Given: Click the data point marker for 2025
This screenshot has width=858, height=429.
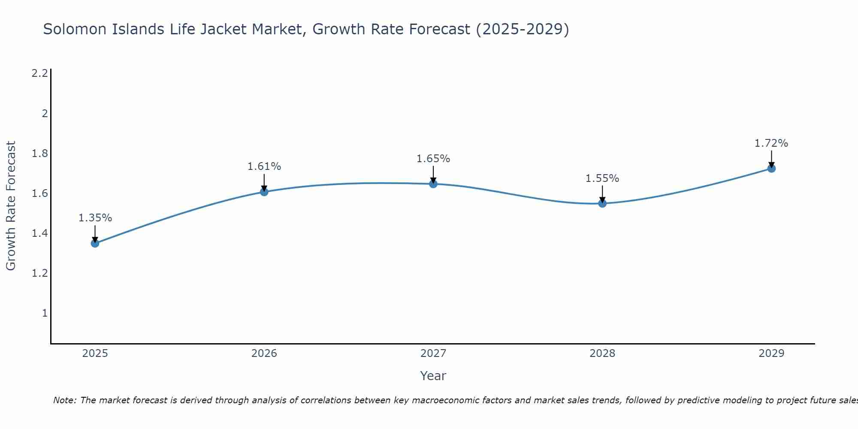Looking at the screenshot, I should click(95, 243).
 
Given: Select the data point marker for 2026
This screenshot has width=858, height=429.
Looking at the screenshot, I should click(264, 192).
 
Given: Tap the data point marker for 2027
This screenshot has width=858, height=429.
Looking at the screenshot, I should click(433, 184).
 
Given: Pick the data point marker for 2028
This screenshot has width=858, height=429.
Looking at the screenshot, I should click(602, 203).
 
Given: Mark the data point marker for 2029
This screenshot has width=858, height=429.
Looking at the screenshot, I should click(771, 169).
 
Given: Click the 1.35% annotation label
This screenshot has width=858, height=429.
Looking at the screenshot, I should click(95, 218).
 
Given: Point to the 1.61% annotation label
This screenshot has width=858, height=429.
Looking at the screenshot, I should click(264, 166).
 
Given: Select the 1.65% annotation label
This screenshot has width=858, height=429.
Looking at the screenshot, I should click(433, 159).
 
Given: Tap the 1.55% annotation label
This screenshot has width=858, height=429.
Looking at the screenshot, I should click(602, 178).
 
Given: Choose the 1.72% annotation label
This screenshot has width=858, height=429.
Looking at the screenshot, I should click(771, 143).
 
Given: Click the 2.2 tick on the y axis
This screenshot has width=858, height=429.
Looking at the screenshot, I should click(39, 73).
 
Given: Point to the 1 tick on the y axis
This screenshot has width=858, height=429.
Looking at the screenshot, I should click(45, 313).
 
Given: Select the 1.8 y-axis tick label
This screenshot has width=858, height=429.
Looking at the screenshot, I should click(39, 154).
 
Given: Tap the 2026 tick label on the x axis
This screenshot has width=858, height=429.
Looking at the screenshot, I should click(264, 353).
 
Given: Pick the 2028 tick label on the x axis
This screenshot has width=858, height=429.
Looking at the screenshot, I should click(602, 353).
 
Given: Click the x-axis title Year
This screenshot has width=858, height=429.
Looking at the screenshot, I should click(433, 376).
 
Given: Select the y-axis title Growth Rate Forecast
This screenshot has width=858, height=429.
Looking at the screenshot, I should click(11, 206).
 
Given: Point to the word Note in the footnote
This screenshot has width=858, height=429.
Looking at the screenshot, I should click(64, 400).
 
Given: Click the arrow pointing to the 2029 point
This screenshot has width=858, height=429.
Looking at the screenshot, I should click(771, 159).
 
